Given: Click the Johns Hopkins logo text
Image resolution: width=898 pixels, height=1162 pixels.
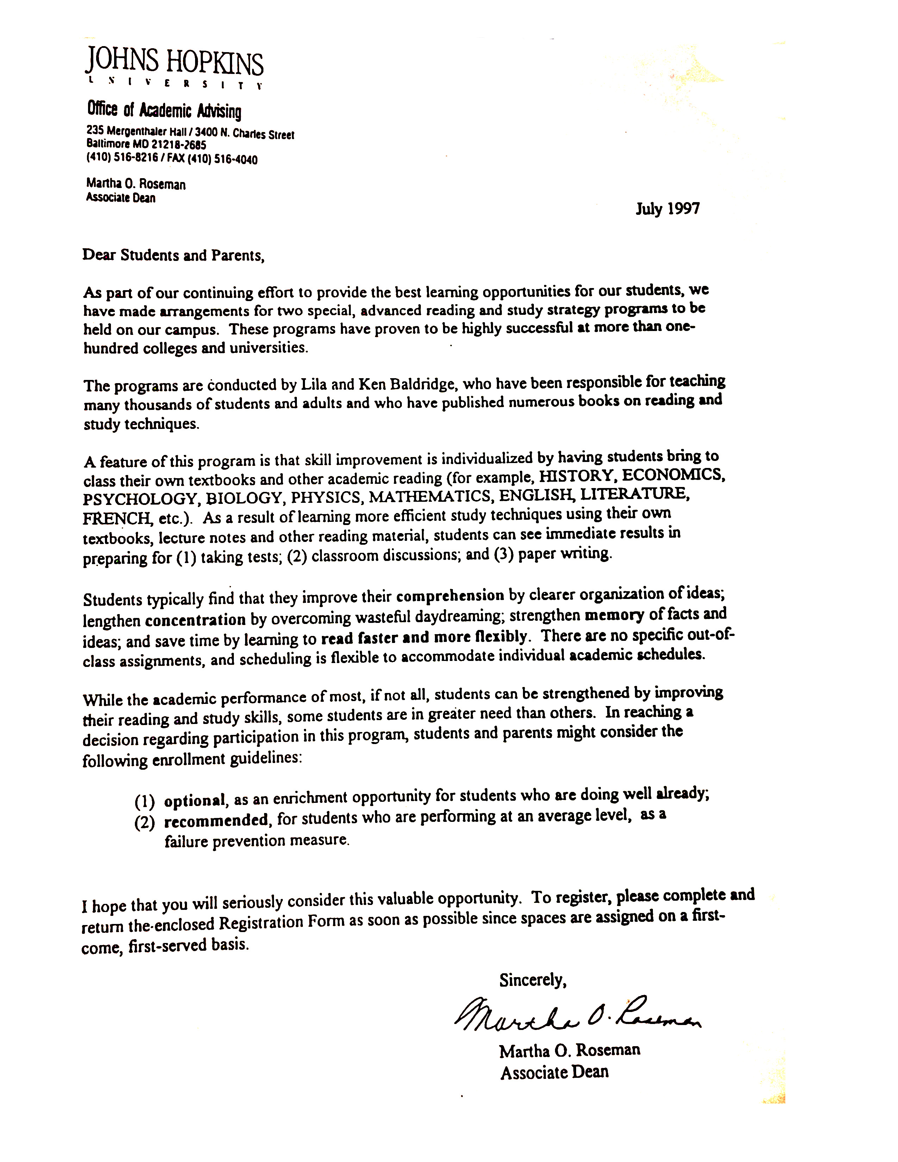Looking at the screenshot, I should pos(174,63).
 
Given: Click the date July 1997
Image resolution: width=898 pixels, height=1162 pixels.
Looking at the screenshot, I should pos(668,208).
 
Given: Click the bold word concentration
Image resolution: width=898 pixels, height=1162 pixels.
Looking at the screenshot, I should pos(195,620).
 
